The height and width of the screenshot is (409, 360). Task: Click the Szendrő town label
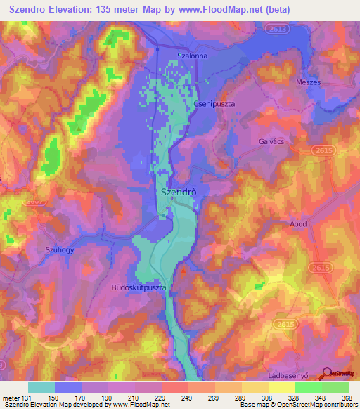pos(178,191)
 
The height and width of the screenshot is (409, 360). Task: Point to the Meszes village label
pos(308,82)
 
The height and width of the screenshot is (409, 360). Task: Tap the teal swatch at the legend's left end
pos(41,387)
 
